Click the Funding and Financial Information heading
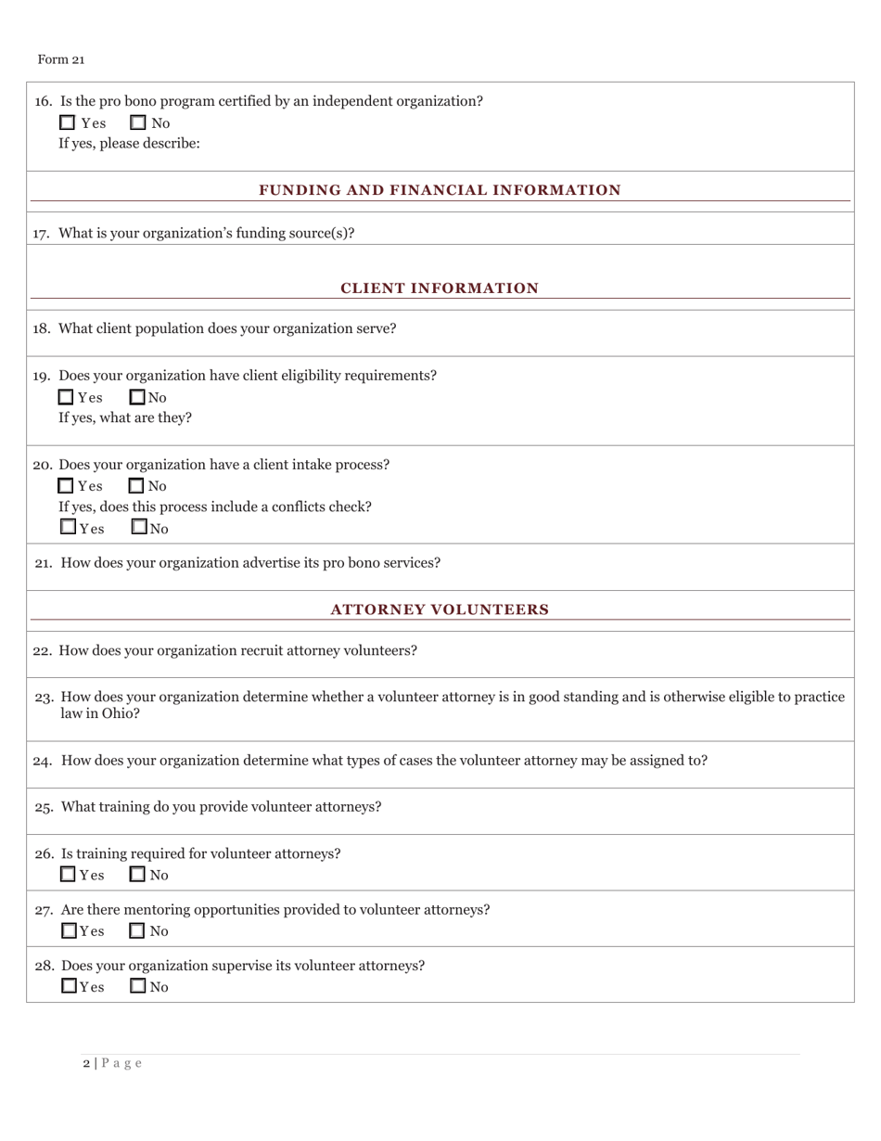click(440, 190)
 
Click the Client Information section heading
click(440, 288)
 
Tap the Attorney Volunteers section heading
click(440, 609)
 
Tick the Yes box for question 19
click(66, 397)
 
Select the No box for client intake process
click(136, 485)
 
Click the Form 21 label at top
click(60, 59)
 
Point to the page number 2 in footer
click(86, 1063)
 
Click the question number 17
click(42, 233)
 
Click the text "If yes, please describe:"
click(129, 144)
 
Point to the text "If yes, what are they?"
click(125, 417)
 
